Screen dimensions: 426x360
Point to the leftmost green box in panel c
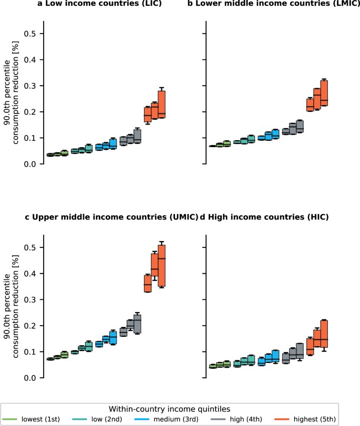point(50,359)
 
